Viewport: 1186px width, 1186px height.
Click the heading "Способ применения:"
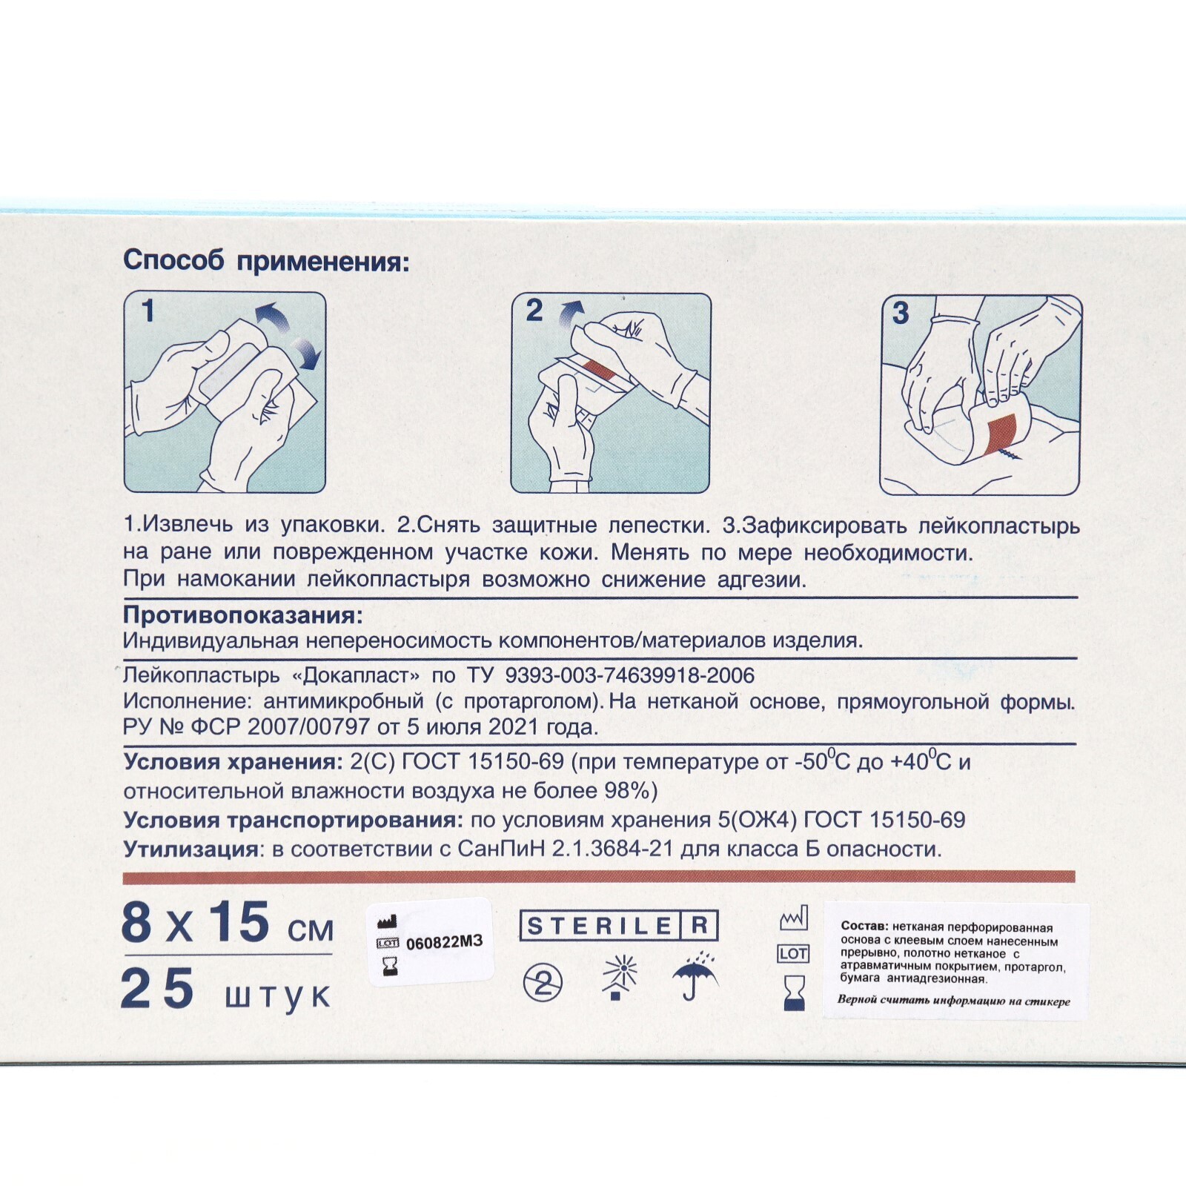click(266, 261)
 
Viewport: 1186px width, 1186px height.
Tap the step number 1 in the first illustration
click(148, 311)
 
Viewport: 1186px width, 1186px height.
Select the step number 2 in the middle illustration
click(534, 311)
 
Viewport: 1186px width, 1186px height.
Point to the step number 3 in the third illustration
click(901, 313)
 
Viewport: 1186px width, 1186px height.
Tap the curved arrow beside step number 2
click(572, 313)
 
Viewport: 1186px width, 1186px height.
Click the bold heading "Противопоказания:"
click(243, 615)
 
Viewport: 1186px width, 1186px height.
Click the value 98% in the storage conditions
click(626, 790)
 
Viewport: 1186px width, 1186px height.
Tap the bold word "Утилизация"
click(192, 849)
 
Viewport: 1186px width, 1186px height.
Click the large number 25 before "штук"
click(157, 990)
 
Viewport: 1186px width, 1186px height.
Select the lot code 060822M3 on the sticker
click(444, 942)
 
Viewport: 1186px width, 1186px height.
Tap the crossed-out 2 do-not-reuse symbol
click(543, 984)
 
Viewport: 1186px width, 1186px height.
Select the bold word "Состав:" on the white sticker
click(864, 927)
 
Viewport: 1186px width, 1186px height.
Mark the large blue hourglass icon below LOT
click(794, 993)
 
